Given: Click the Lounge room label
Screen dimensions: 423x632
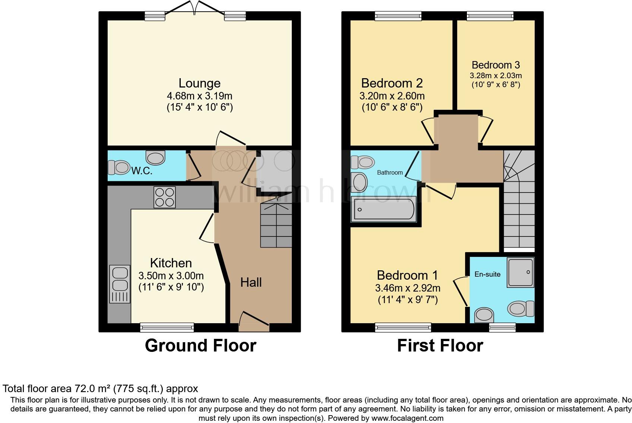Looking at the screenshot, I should coord(199,83).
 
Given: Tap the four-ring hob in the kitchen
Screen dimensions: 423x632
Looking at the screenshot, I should coord(165,197).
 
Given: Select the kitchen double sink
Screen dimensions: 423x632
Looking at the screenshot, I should coord(120,284).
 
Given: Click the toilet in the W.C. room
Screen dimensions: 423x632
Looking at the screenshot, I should coord(118,167).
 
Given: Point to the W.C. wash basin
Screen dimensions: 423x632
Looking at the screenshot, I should coord(155,158).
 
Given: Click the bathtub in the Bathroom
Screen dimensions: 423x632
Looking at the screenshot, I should coord(384,210).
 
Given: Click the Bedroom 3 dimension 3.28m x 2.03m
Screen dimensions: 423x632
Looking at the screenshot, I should coord(496,76).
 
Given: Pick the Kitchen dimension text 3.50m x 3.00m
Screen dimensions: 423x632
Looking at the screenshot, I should coord(171,276).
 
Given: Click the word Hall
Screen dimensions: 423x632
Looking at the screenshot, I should coord(251,282).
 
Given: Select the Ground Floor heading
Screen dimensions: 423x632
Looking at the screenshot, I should coord(200,346).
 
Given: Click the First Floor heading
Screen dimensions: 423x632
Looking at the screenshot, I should coord(440,346).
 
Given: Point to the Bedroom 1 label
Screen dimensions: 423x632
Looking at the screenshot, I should coord(407,275).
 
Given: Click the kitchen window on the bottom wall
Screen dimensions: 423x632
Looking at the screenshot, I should coord(167,328).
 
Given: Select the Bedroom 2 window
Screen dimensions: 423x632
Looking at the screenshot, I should coord(398,16).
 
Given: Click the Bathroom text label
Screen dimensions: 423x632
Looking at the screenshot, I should coord(390,172).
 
